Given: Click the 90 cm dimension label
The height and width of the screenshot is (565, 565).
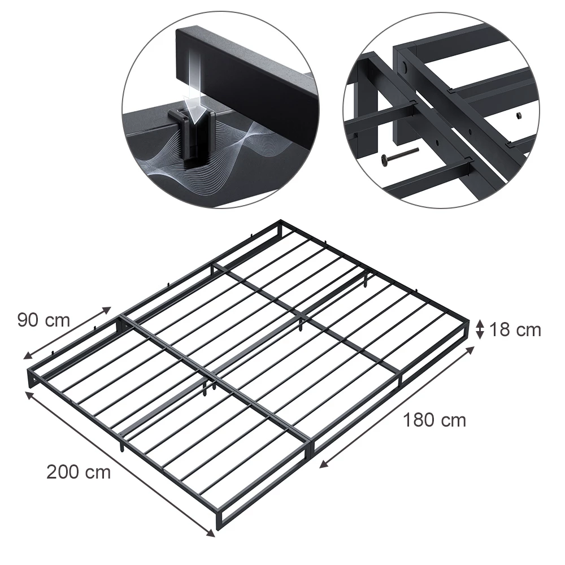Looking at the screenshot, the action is coord(44,320).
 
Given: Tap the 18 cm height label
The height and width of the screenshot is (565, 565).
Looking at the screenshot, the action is coord(515,330).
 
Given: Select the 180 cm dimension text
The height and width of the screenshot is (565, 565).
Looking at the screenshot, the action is coord(434,420).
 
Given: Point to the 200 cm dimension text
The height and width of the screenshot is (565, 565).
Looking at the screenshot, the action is coord(79,472).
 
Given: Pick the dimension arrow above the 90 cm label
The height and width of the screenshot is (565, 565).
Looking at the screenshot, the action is coord(67,333).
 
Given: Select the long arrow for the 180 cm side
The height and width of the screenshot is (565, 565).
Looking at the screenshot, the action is coord(397,407).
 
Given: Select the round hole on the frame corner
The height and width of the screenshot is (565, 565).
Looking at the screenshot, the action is coord(405,66).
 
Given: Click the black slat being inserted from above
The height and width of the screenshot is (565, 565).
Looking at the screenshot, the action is coord(247,70).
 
